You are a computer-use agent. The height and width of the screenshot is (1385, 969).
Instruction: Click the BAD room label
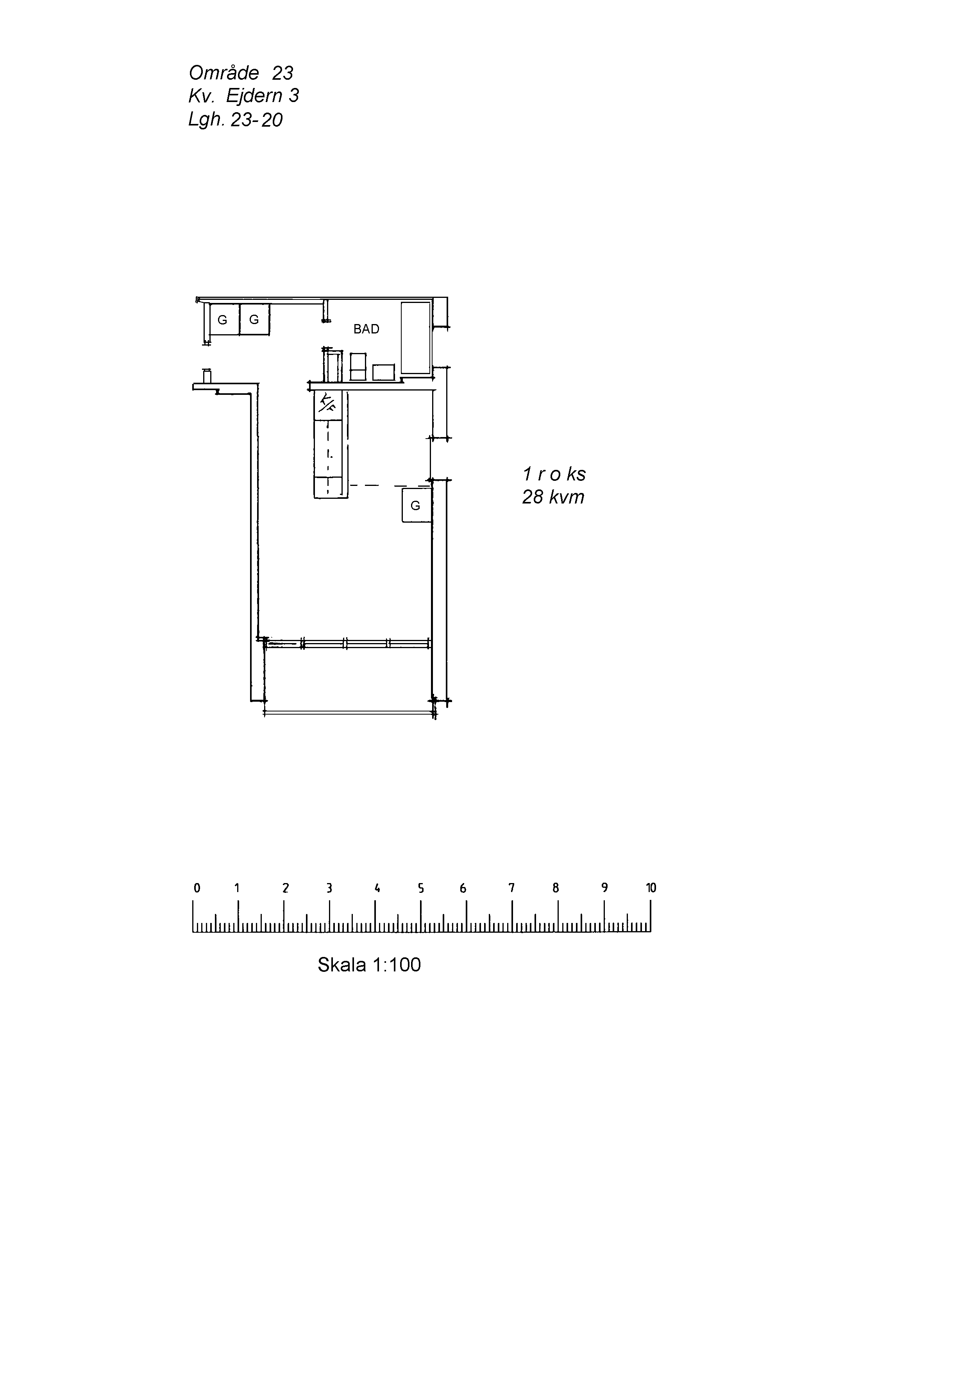pos(366,330)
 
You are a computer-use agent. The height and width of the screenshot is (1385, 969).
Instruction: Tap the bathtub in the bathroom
pos(416,339)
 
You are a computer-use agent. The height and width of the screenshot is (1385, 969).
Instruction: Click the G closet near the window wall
pos(417,505)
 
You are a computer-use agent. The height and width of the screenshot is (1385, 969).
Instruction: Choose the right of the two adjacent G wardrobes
pos(254,320)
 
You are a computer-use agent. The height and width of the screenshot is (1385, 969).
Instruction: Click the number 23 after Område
pos(282,73)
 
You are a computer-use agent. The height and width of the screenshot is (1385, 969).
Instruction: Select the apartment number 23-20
pos(257,120)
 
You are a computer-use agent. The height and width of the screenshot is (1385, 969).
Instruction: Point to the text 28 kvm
pos(553,497)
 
